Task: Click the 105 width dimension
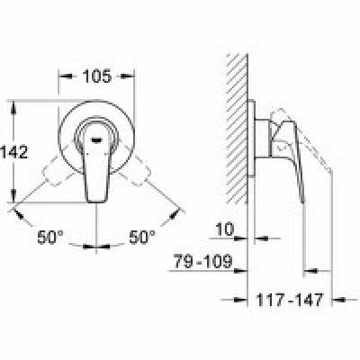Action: (97, 76)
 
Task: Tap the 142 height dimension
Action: (13, 151)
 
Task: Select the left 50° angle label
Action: (50, 238)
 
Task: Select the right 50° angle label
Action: (142, 238)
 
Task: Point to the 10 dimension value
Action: (225, 229)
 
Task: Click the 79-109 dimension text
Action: (203, 262)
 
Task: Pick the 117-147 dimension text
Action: (290, 300)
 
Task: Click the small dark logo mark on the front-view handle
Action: (96, 139)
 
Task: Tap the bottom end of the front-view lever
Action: (96, 202)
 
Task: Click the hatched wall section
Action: (237, 129)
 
